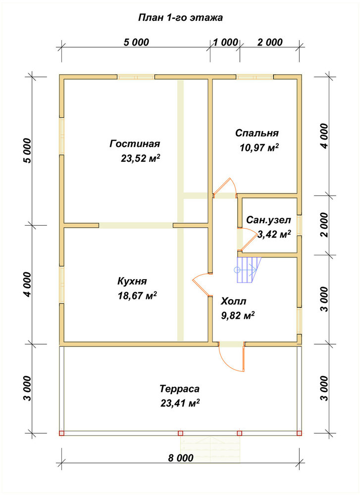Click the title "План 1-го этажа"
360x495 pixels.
[x=180, y=18]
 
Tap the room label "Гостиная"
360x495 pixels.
[x=135, y=144]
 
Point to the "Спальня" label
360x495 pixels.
[x=257, y=133]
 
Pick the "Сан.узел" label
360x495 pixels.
[x=268, y=220]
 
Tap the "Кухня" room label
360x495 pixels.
[x=132, y=281]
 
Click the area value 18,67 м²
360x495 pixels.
[x=137, y=296]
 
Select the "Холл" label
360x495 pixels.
[x=233, y=301]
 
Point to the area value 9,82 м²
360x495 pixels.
[x=238, y=316]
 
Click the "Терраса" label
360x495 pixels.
[x=179, y=388]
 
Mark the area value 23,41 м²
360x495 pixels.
[x=180, y=403]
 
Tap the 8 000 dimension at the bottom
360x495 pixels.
[x=180, y=458]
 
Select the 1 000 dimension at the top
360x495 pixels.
[x=225, y=42]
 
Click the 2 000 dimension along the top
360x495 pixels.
[x=270, y=42]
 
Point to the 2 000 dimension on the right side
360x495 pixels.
[x=324, y=225]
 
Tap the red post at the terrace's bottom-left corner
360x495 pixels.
[x=61, y=433]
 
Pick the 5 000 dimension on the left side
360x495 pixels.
[x=28, y=150]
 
